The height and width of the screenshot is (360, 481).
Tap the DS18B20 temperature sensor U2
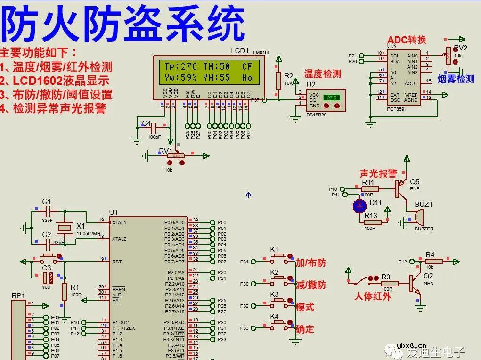coord(325,100)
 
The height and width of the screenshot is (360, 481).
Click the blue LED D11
coord(360,205)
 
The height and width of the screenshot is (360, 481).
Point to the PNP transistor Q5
coord(402,188)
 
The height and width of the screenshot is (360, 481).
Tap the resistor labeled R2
coord(278,79)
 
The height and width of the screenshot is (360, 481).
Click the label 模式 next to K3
coord(305,307)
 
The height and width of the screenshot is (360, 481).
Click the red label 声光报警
coord(378,173)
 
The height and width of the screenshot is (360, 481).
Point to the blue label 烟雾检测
coord(456,79)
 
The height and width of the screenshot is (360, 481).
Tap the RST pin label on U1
coord(117,262)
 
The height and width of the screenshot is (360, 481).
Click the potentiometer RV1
coord(175,156)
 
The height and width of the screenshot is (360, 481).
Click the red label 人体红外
coord(373,296)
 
